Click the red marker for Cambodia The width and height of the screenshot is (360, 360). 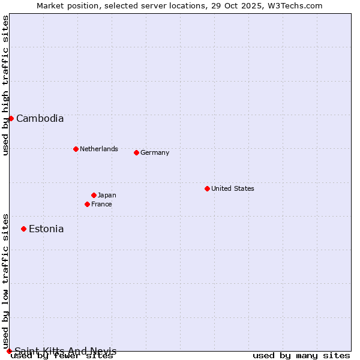pos(11,118)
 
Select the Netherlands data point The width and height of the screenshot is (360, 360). pos(76,149)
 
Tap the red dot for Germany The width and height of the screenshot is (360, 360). pos(136,152)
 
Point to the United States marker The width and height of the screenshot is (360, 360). pos(207,188)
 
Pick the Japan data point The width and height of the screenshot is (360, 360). pos(94,195)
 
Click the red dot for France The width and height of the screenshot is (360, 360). pos(87,204)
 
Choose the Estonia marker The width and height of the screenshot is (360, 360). pos(23,229)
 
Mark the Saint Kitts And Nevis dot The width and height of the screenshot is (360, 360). pos(9,351)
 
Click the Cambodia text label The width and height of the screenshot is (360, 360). pos(40,119)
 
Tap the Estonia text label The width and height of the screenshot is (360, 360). pos(46,229)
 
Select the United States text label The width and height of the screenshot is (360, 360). pos(232,188)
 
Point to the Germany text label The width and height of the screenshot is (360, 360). pos(155,153)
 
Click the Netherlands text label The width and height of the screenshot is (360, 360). pos(98,149)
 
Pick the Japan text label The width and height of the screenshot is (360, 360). pos(107,195)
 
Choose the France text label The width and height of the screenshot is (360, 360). pos(101,204)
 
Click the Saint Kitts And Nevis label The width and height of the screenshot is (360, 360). pos(65,351)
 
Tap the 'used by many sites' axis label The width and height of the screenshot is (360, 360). pos(301,356)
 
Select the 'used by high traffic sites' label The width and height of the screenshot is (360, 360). pos(5,86)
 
